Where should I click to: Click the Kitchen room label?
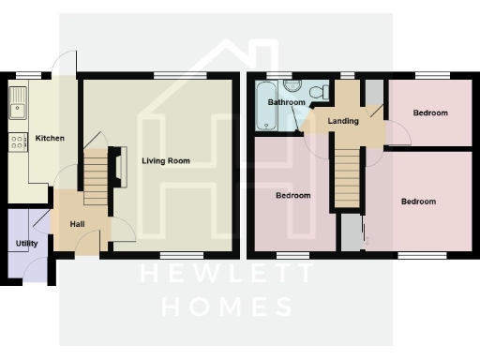click(50, 139)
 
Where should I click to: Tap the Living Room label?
click(166, 161)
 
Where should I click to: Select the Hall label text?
click(78, 224)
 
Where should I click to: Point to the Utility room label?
click(26, 244)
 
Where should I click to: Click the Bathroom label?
click(287, 102)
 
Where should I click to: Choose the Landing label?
click(343, 121)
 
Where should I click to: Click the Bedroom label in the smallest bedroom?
click(430, 113)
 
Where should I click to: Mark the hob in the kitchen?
click(17, 142)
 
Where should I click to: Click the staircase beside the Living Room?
click(97, 180)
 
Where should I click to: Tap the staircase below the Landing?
click(348, 179)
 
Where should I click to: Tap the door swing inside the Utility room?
click(39, 221)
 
